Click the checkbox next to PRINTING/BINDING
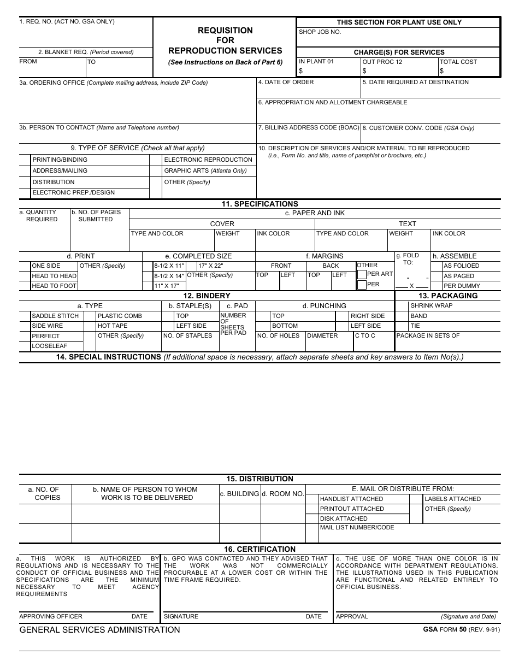(25, 160)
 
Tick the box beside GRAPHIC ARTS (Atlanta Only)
(156, 171)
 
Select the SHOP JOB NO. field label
(320, 32)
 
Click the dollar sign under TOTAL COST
(442, 71)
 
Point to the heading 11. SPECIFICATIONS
(259, 204)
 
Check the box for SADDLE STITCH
(25, 316)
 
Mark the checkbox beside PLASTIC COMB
(90, 316)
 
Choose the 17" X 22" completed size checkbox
(192, 266)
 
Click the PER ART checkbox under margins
(362, 274)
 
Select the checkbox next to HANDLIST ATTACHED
(312, 499)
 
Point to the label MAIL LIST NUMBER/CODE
(357, 528)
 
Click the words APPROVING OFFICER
(51, 616)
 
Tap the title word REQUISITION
(225, 31)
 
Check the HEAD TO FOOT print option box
(25, 286)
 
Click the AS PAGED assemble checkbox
(436, 276)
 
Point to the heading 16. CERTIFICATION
(259, 549)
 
